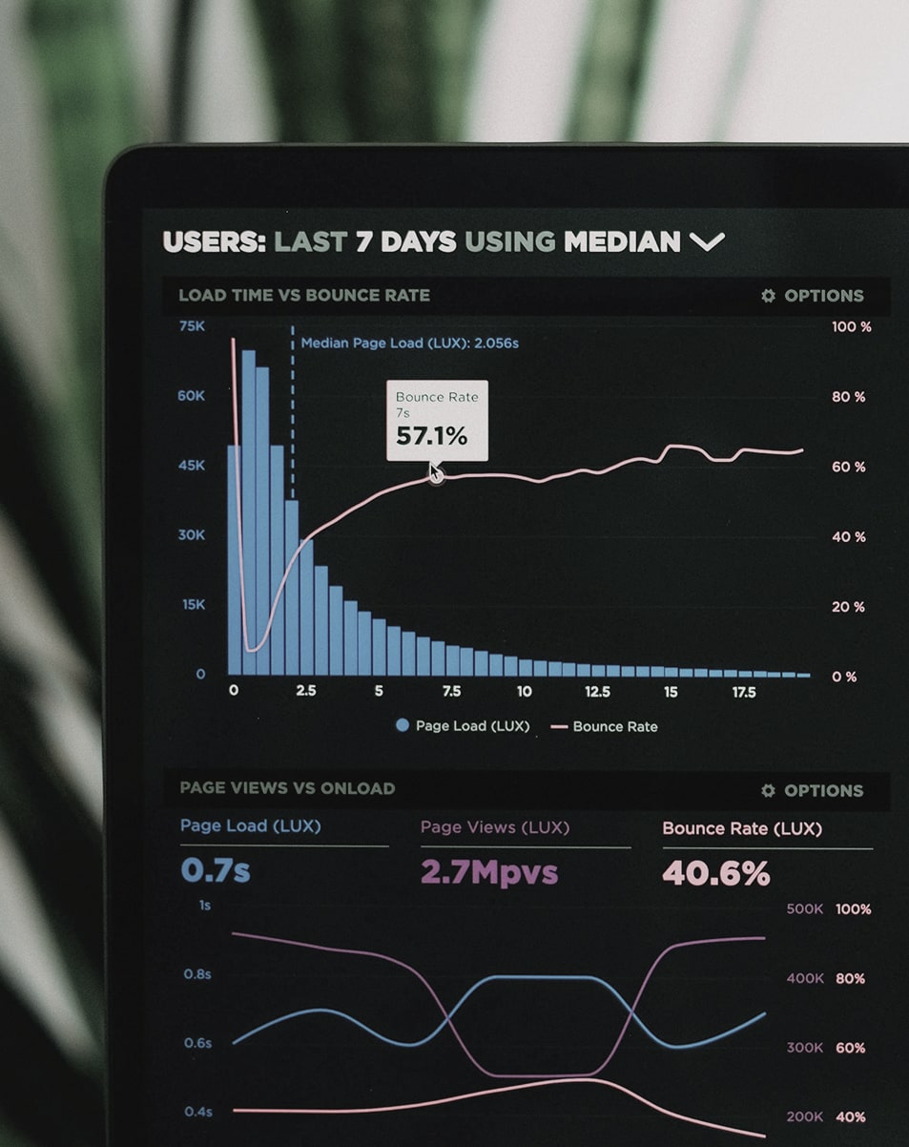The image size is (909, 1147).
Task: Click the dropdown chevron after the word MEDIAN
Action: point(707,241)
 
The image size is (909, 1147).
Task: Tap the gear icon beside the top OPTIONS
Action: point(768,296)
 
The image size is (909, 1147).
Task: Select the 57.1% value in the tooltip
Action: point(432,436)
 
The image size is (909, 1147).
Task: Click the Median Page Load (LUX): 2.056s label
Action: point(409,343)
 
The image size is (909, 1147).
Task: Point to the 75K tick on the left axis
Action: point(192,326)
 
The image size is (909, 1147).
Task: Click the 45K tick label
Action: point(192,466)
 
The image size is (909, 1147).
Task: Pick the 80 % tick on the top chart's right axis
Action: point(848,397)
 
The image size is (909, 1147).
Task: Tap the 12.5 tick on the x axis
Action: point(597,692)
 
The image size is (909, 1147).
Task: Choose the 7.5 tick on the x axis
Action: point(451,692)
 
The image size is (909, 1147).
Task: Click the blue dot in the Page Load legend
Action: point(403,726)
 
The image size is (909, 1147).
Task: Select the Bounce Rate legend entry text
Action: point(615,727)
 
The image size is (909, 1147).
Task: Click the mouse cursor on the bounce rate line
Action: point(435,472)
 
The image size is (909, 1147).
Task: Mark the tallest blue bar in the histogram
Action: point(248,515)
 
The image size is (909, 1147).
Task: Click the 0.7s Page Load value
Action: point(216,870)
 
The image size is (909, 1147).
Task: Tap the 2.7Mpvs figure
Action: point(489,872)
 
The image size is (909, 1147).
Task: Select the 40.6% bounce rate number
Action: point(715,873)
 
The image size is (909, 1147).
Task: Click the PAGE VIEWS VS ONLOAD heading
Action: point(287,788)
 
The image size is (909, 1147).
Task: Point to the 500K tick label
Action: point(804,909)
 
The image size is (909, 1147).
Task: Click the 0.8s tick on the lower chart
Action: point(197,974)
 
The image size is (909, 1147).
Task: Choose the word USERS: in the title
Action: point(215,241)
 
